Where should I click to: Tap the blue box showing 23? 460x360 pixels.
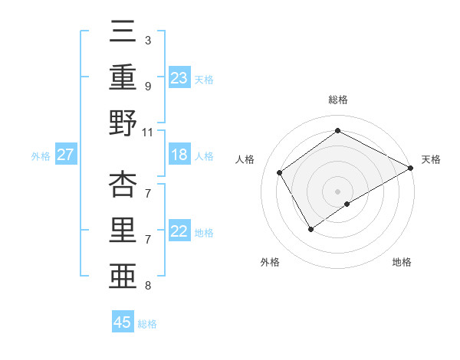coord(179,77)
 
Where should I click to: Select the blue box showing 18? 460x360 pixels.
coord(179,155)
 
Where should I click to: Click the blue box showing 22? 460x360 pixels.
coord(179,232)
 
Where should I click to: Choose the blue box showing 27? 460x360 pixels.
coord(65,155)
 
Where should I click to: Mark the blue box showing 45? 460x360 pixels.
coord(123,322)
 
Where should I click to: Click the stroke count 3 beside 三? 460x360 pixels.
coord(147,40)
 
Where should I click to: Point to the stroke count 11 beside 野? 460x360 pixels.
coord(147,132)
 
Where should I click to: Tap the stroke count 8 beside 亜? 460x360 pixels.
coord(147,286)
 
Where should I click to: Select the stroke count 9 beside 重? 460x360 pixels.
coord(147,86)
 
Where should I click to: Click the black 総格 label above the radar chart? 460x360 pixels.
coord(337,100)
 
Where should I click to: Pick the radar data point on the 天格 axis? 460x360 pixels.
coord(411,169)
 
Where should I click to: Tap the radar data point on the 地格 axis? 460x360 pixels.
coord(347,204)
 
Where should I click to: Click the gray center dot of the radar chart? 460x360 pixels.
coord(337,190)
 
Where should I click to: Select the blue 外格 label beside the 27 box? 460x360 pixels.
coord(41,156)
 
